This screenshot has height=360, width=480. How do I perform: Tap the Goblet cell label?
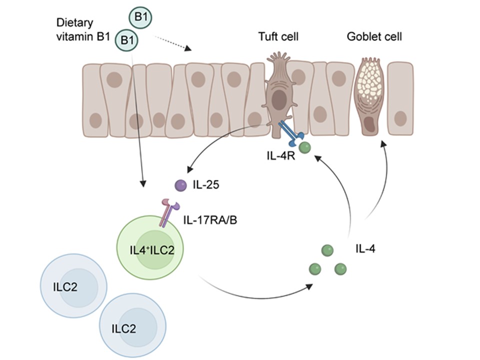click(375, 37)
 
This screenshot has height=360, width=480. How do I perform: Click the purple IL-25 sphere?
click(179, 186)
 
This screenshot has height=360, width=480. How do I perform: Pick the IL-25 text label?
click(203, 185)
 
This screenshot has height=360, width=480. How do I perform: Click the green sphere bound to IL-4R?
click(304, 147)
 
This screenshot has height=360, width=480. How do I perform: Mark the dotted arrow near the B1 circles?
click(172, 42)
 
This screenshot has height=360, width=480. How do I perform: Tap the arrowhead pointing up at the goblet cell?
click(383, 143)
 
